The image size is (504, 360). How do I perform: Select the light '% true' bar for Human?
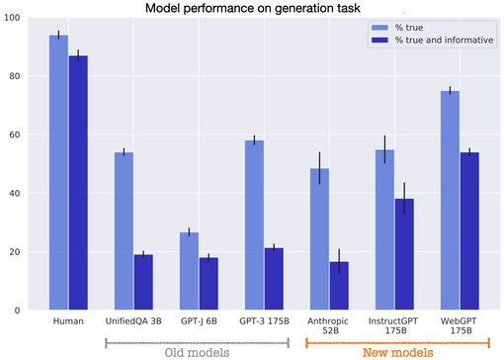point(58,173)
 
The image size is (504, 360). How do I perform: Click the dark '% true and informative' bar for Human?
point(78,183)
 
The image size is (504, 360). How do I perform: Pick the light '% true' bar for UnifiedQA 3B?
point(125,231)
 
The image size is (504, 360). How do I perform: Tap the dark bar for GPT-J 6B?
point(210,284)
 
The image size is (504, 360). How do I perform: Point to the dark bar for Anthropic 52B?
point(340,286)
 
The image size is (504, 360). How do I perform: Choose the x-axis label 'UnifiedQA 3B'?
point(133,320)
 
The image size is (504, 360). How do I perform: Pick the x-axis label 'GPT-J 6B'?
point(199,320)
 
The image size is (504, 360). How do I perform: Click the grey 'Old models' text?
point(197,351)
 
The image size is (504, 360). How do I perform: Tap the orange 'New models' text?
point(397,351)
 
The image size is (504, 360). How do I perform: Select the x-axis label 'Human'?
point(68,320)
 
